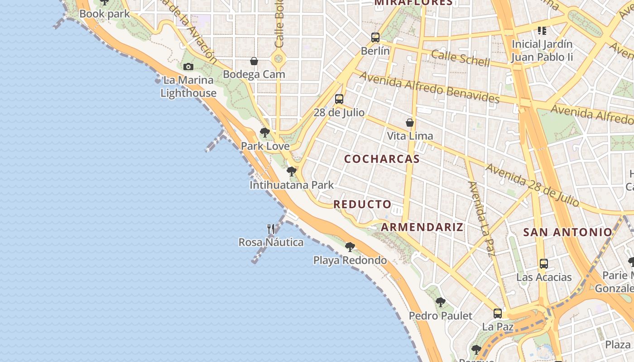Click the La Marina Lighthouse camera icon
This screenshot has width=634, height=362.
pyautogui.click(x=188, y=67)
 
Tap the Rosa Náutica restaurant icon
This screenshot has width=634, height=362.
pyautogui.click(x=271, y=229)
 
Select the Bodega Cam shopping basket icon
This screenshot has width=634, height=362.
pyautogui.click(x=254, y=61)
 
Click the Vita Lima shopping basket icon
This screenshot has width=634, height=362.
pyautogui.click(x=410, y=123)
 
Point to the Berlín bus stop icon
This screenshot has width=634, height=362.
pyautogui.click(x=375, y=38)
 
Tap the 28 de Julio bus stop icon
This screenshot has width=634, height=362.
pyautogui.click(x=339, y=99)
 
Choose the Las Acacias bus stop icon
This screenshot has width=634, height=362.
pyautogui.click(x=544, y=264)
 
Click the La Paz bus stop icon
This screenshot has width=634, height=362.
pyautogui.click(x=498, y=313)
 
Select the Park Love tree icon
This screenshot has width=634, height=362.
pyautogui.click(x=265, y=133)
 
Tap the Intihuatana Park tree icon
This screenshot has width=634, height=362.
pyautogui.click(x=292, y=171)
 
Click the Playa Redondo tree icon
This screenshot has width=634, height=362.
pyautogui.click(x=350, y=247)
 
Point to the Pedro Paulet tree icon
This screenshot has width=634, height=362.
pyautogui.click(x=440, y=302)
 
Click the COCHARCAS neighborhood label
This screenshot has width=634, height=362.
pyautogui.click(x=382, y=159)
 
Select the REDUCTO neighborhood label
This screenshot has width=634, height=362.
pyautogui.click(x=362, y=205)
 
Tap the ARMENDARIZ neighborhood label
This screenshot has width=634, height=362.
pyautogui.click(x=422, y=227)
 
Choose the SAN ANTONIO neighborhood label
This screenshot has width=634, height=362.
pyautogui.click(x=567, y=233)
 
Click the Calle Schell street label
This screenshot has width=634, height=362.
pyautogui.click(x=460, y=57)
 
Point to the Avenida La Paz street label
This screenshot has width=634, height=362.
pyautogui.click(x=481, y=219)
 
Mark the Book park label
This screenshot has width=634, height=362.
pyautogui.click(x=105, y=14)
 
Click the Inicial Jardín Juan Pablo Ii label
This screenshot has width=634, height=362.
pyautogui.click(x=542, y=51)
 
